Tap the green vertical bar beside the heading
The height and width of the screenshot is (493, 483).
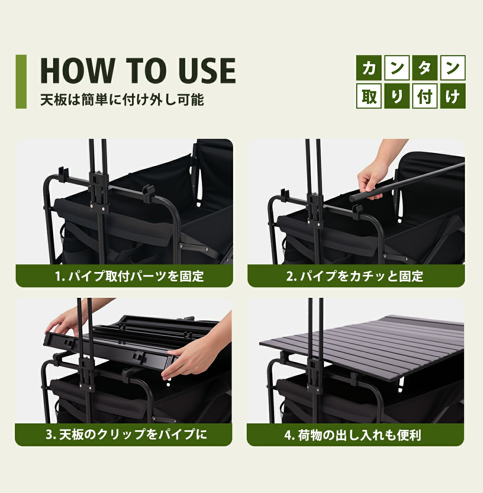point(21,82)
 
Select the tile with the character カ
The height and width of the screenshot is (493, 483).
point(369,68)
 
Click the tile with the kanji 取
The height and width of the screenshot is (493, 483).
point(369,96)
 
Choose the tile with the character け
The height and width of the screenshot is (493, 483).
point(453,96)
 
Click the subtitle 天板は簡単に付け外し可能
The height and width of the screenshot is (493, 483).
point(122,99)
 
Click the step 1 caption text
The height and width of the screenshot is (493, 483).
point(130,276)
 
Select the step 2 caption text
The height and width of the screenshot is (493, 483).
point(355,276)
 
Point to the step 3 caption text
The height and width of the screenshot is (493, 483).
point(126,435)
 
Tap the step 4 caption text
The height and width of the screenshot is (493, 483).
point(353,435)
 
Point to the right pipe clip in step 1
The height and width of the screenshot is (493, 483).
point(149,193)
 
